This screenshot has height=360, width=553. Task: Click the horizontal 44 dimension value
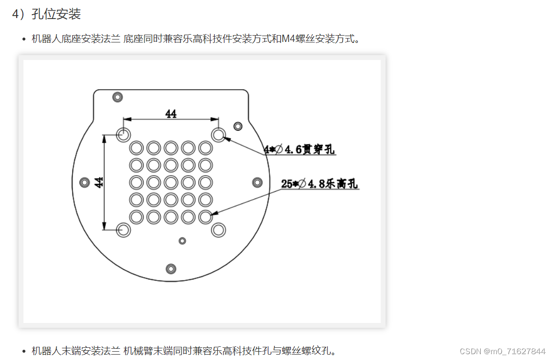pyautogui.click(x=171, y=114)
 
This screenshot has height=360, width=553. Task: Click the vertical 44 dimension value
pyautogui.click(x=99, y=182)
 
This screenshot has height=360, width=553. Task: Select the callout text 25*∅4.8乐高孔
pyautogui.click(x=320, y=184)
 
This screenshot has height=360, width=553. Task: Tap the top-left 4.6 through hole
pyautogui.click(x=123, y=134)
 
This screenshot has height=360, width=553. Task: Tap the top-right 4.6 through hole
pyautogui.click(x=218, y=134)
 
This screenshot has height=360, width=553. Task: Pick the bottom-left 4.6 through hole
pyautogui.click(x=123, y=229)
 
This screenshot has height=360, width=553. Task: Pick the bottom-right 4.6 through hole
pyautogui.click(x=218, y=229)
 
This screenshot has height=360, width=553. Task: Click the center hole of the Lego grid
pyautogui.click(x=171, y=182)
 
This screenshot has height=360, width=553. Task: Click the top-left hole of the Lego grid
pyautogui.click(x=136, y=147)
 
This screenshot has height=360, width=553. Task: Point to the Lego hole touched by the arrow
pyautogui.click(x=205, y=216)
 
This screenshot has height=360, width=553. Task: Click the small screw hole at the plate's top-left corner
pyautogui.click(x=117, y=97)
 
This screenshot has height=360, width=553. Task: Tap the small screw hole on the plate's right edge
pyautogui.click(x=257, y=182)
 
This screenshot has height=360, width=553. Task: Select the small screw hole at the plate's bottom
pyautogui.click(x=171, y=268)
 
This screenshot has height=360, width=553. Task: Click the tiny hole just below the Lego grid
pyautogui.click(x=183, y=240)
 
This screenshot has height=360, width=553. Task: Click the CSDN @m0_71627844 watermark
pyautogui.click(x=502, y=351)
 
